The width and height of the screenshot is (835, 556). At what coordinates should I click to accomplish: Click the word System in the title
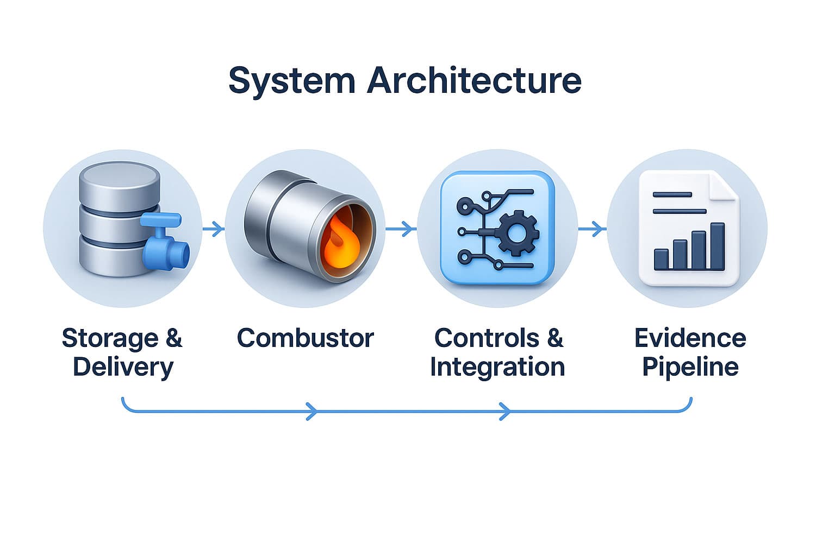pyautogui.click(x=291, y=80)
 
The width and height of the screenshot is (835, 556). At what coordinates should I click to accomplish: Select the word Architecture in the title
pyautogui.click(x=474, y=80)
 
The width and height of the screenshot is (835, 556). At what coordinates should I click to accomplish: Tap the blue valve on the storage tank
pyautogui.click(x=165, y=242)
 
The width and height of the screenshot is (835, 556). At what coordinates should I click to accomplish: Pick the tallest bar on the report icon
pyautogui.click(x=718, y=246)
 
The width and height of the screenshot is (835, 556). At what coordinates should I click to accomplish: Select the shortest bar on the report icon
pyautogui.click(x=661, y=259)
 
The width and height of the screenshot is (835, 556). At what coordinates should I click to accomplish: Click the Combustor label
pyautogui.click(x=305, y=338)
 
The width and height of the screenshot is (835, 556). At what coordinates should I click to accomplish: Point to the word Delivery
pyautogui.click(x=123, y=367)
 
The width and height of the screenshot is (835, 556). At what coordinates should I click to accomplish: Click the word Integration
pyautogui.click(x=497, y=367)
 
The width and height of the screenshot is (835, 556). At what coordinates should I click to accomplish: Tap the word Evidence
pyautogui.click(x=690, y=338)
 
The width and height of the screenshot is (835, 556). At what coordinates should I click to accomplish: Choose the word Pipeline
pyautogui.click(x=690, y=367)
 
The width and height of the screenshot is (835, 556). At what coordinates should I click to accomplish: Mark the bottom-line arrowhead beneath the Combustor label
pyautogui.click(x=311, y=412)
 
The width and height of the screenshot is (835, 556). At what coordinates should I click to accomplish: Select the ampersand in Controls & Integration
pyautogui.click(x=554, y=338)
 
